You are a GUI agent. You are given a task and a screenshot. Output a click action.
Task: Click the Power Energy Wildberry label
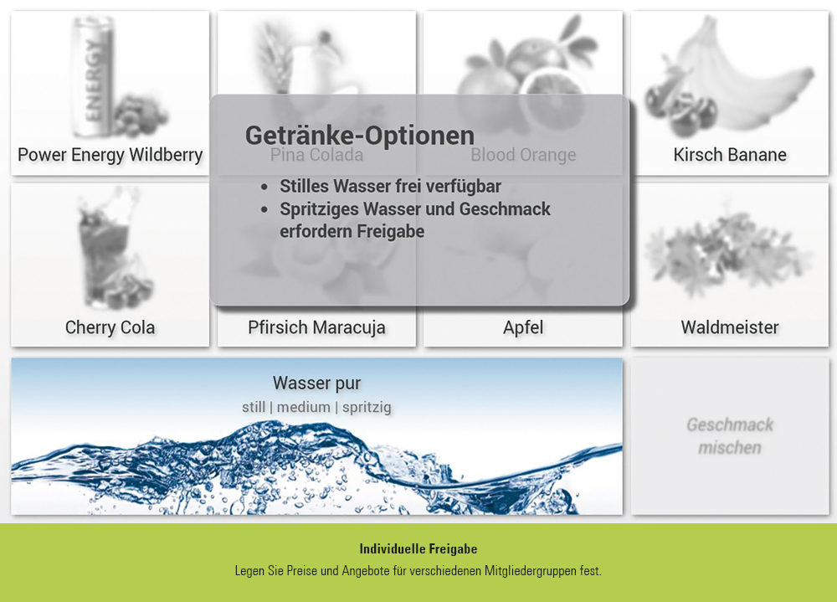click(110, 155)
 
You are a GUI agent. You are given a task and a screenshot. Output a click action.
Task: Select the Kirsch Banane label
click(730, 155)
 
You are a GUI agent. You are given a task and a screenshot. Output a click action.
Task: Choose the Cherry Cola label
click(110, 327)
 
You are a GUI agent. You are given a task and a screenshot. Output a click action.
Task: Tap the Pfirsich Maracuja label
click(316, 327)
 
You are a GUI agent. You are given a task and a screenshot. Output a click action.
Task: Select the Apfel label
click(523, 327)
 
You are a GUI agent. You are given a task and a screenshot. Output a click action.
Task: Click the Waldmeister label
click(730, 327)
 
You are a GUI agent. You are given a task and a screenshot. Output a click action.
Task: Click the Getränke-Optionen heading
click(360, 136)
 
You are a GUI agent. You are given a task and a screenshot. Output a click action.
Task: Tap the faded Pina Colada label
click(316, 155)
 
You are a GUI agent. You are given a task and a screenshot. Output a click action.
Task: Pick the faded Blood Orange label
click(523, 155)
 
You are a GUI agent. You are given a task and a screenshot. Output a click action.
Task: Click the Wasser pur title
click(316, 383)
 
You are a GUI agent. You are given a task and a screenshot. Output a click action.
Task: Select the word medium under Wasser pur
click(304, 408)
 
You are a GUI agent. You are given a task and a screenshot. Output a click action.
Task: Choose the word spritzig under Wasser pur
click(367, 408)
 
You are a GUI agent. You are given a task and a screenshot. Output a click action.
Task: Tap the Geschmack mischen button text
click(730, 436)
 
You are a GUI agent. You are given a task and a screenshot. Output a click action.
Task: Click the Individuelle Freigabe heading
click(418, 549)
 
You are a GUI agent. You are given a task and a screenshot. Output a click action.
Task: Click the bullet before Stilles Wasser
click(264, 187)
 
